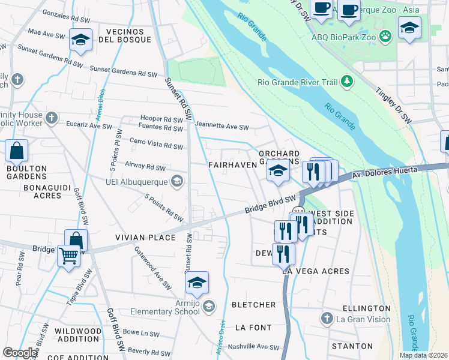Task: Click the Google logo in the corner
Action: tap(19, 352)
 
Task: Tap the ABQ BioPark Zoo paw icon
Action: tap(385, 37)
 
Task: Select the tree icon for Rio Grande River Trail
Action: tap(346, 81)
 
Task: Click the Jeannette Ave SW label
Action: tap(221, 127)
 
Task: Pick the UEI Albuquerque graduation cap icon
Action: tap(177, 181)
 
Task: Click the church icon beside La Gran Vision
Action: tap(327, 318)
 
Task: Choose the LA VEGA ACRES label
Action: tap(315, 271)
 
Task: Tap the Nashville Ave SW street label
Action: tap(256, 347)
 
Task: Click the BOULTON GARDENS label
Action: tap(26, 172)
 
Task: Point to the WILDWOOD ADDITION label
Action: tap(78, 335)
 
